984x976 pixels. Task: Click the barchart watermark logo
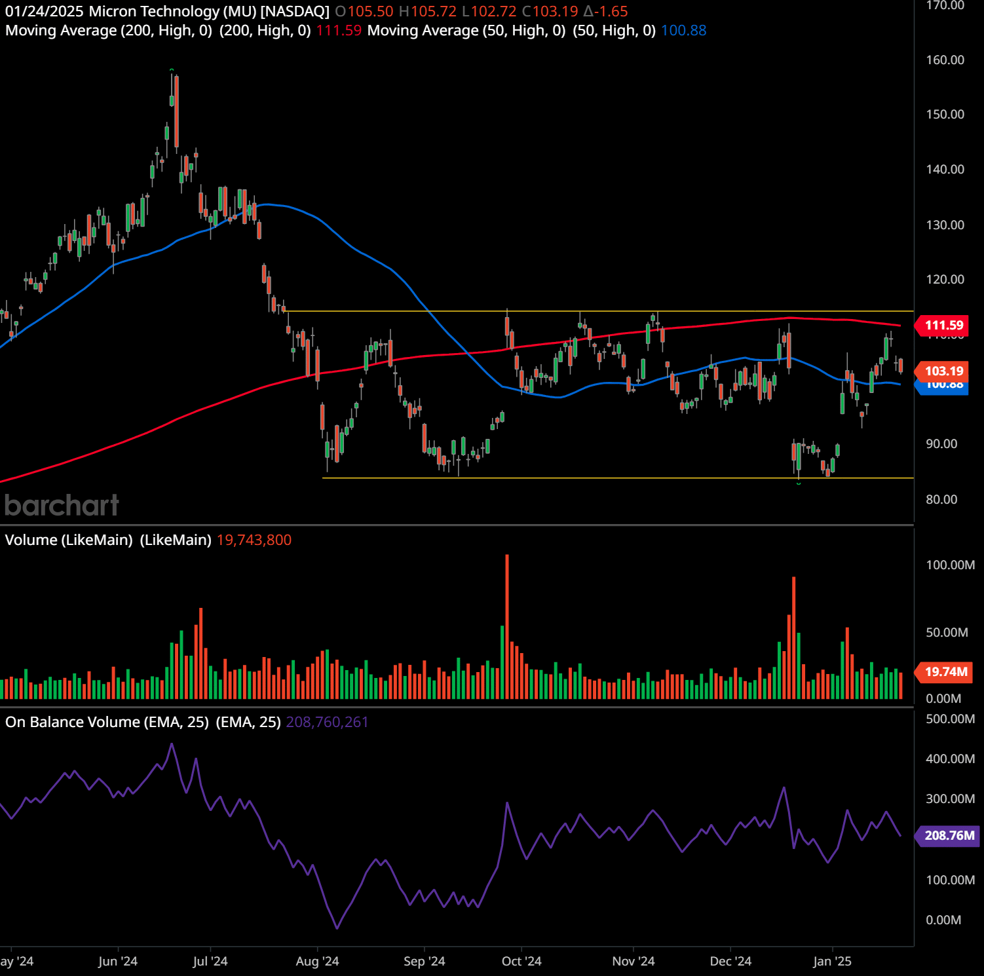click(x=62, y=506)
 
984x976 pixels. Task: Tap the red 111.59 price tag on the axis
click(x=943, y=326)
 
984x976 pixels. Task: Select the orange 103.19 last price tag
click(x=943, y=371)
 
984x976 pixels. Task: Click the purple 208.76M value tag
click(x=949, y=836)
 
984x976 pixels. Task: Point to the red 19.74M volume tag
click(x=945, y=672)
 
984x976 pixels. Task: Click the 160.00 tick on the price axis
click(x=945, y=60)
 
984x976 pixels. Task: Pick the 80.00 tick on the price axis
click(x=941, y=500)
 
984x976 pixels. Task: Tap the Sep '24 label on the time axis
click(x=424, y=962)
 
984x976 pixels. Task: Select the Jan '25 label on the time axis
click(x=832, y=962)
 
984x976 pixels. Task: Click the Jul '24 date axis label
click(x=210, y=962)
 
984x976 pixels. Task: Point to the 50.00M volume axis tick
click(x=947, y=633)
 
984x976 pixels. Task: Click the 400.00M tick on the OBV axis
click(x=950, y=759)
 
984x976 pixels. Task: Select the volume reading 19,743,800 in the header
click(x=254, y=540)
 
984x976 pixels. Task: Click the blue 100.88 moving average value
click(x=683, y=31)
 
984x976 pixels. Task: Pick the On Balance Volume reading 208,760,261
click(x=327, y=723)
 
